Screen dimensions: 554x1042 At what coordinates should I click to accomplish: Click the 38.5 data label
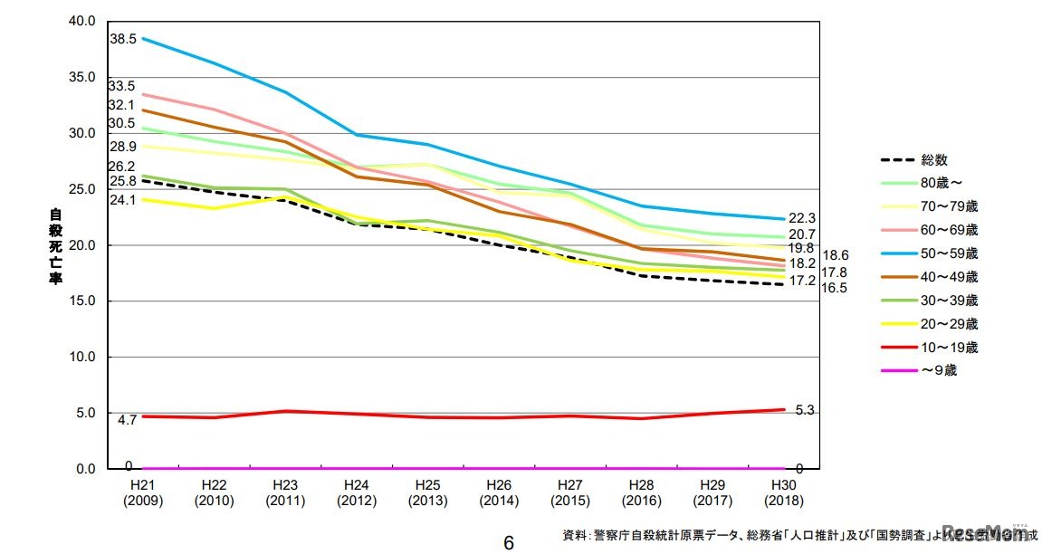point(122,40)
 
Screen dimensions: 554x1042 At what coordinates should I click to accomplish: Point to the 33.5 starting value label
point(122,87)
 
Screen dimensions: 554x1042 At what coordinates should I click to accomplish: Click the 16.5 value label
point(834,288)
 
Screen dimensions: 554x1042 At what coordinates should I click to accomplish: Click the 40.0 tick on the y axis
point(81,21)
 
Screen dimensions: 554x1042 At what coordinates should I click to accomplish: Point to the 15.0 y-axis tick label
point(81,301)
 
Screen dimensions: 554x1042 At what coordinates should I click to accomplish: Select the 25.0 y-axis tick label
point(81,189)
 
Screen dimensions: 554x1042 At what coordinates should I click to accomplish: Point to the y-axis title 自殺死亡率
point(53,246)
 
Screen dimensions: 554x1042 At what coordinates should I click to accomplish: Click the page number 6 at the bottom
point(509,542)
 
